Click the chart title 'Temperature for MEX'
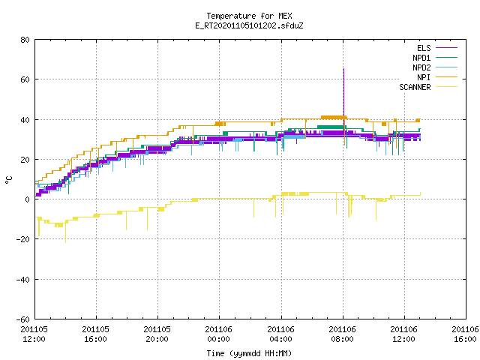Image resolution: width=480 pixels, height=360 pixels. tap(249, 16)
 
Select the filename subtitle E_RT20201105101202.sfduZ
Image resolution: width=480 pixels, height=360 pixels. tap(249, 25)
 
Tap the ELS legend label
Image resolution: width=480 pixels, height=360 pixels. tap(424, 48)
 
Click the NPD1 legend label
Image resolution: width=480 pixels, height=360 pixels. tap(421, 58)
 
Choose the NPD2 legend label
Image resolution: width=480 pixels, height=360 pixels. tap(421, 67)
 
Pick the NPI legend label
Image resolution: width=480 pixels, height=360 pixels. tap(424, 77)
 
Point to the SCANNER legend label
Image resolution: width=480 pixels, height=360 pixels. tap(415, 87)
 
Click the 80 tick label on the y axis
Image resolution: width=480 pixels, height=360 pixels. tap(25, 40)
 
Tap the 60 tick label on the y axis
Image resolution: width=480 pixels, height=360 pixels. tap(25, 79)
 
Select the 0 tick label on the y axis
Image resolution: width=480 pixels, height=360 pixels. tap(28, 199)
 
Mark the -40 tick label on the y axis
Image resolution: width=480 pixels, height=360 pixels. tap(23, 280)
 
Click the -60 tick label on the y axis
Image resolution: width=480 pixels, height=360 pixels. tap(23, 319)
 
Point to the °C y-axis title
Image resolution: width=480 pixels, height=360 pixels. tap(9, 180)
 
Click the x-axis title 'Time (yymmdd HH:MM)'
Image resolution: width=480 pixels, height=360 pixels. tap(249, 353)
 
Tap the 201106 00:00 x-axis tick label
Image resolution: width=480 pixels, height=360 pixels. tap(218, 334)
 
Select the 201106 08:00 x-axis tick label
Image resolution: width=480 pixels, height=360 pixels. tap(342, 334)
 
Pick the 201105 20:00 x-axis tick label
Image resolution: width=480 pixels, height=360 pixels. tap(157, 334)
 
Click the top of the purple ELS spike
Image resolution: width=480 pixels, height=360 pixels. tap(343, 69)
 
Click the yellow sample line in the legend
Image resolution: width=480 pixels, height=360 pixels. tap(446, 87)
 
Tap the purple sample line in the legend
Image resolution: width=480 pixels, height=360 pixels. tap(446, 48)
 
